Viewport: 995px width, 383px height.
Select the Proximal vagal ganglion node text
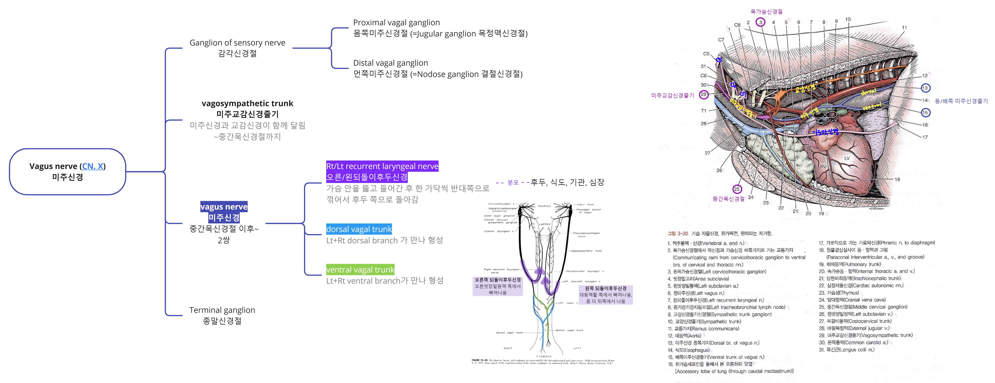396,22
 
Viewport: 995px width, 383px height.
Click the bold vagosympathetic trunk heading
247,103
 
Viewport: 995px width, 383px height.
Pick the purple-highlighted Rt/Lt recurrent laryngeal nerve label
382,166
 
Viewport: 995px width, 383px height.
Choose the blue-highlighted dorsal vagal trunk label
359,229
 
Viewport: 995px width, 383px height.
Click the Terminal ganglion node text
222,310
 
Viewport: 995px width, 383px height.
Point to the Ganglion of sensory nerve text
237,42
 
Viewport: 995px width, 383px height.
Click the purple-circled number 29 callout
704,94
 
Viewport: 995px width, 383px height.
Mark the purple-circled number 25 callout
737,189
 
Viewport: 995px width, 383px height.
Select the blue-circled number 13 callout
925,88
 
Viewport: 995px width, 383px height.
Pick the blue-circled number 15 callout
925,113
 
